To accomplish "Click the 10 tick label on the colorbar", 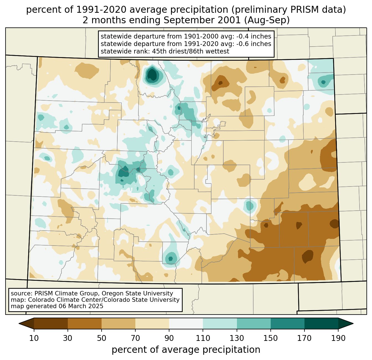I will (x=34, y=338).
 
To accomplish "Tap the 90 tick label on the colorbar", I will (x=169, y=338).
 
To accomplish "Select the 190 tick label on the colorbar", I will (x=338, y=338).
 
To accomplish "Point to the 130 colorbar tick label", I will (x=237, y=338).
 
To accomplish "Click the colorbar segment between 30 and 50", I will (x=85, y=323).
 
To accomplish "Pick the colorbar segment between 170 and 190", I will (x=321, y=323).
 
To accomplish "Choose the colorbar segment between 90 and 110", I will (x=186, y=323).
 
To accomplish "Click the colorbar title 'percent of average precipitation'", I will (x=186, y=350).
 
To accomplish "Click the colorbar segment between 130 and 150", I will (x=254, y=323).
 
